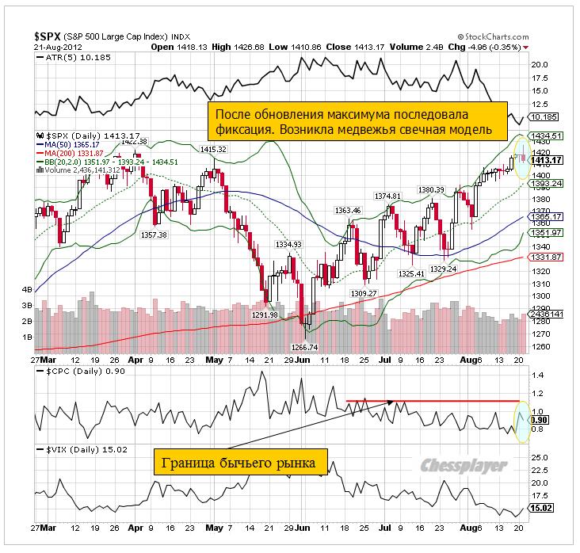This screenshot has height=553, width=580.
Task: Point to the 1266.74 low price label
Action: pyautogui.click(x=306, y=347)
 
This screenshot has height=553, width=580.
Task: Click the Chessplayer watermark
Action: pyautogui.click(x=464, y=466)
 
